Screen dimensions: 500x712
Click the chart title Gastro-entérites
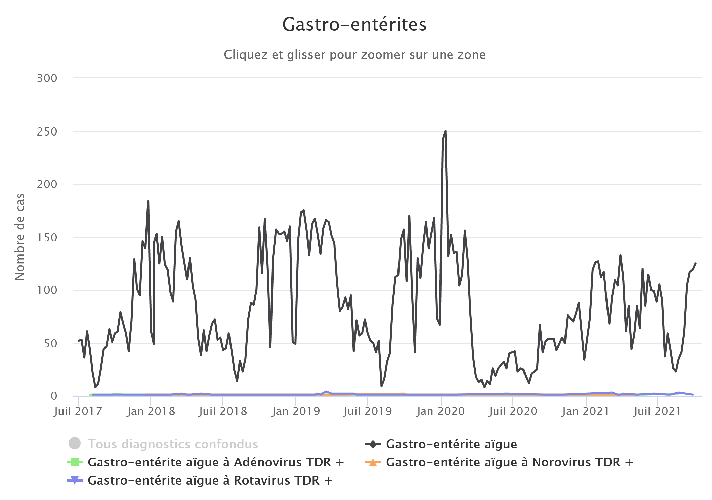coord(354,25)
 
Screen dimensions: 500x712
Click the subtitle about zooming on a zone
coord(354,55)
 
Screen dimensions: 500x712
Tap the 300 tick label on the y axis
coord(47,78)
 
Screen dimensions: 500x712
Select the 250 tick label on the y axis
coord(47,132)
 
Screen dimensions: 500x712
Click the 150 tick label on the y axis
coord(47,238)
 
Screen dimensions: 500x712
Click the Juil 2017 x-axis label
coord(78,411)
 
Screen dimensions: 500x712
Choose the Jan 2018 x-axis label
coord(151,411)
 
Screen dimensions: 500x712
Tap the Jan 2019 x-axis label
coord(296,411)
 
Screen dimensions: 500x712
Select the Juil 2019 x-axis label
coord(368,411)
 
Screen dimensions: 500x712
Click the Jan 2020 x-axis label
coord(441,411)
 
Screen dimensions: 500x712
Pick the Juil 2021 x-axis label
coord(657,411)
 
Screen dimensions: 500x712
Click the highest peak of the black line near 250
coord(445,131)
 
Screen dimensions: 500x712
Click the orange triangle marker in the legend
coord(373,463)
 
